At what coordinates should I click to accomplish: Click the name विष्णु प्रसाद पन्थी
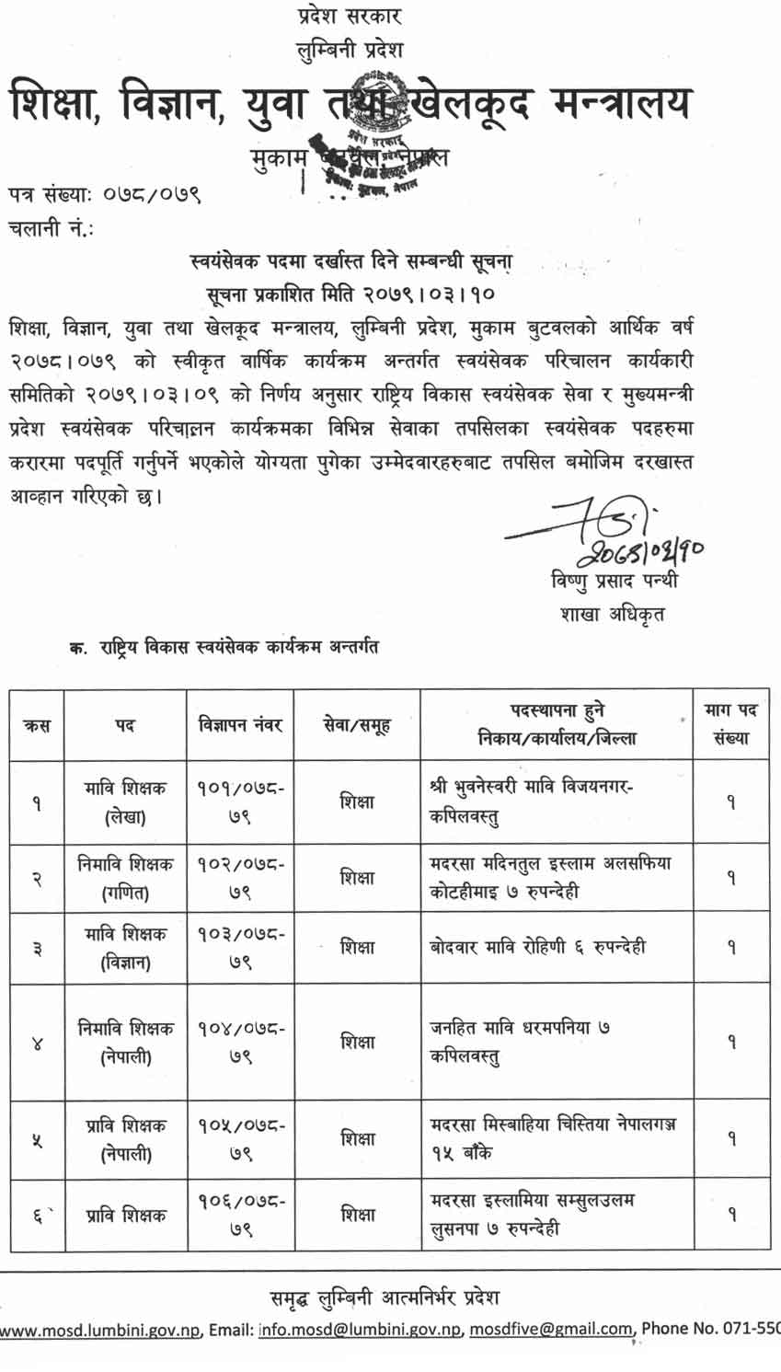[x=614, y=582]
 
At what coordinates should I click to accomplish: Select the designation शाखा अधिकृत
[x=611, y=614]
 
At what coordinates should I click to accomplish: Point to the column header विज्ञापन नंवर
[x=240, y=725]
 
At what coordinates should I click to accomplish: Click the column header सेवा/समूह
[x=357, y=725]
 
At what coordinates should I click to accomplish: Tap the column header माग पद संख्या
[x=730, y=724]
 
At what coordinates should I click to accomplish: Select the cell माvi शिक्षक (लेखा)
[x=125, y=801]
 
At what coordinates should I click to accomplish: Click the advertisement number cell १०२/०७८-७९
[x=240, y=878]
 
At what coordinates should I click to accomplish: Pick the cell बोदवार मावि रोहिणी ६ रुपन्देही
[x=537, y=947]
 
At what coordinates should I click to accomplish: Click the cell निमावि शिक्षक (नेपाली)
[x=125, y=1043]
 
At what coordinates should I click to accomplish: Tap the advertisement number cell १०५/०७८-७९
[x=240, y=1138]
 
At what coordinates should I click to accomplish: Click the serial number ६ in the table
[x=38, y=1216]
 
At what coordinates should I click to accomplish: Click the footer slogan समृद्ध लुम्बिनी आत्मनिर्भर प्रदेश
[x=385, y=1297]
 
